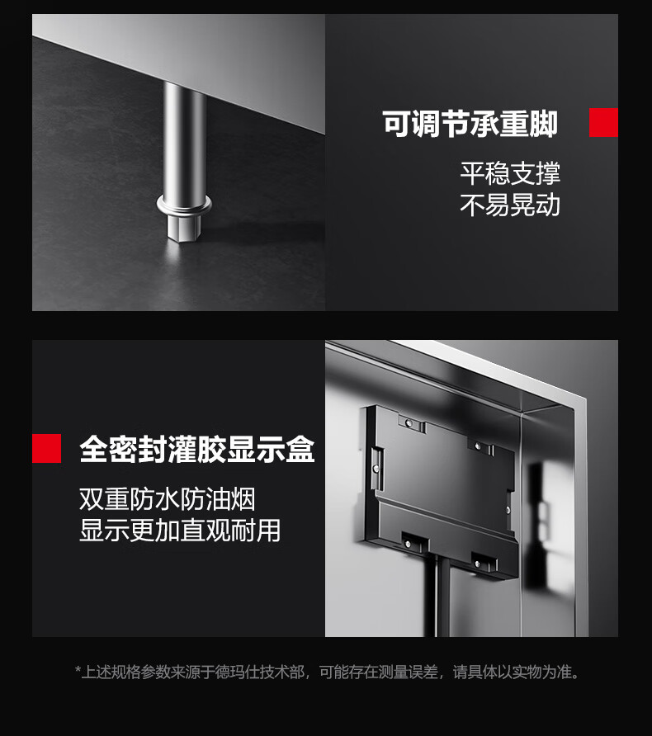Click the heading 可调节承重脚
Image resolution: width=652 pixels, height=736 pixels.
(470, 125)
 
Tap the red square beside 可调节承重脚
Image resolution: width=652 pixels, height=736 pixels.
(603, 122)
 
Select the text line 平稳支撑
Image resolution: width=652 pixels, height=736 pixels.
(510, 173)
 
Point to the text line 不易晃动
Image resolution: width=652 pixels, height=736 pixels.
(510, 205)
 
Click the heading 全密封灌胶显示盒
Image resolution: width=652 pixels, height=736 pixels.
(196, 449)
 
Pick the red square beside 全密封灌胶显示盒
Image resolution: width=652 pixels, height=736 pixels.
(46, 449)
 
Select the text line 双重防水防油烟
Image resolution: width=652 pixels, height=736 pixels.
(167, 499)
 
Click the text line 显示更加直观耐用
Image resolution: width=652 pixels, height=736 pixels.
(180, 531)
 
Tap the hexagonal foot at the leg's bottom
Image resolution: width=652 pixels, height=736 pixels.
(184, 228)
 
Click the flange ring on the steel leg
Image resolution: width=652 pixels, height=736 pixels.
(184, 205)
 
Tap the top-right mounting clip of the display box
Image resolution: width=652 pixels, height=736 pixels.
(480, 446)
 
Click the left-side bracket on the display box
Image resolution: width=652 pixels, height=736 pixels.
(377, 468)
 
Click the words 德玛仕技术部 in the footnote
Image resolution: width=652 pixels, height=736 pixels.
(260, 672)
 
